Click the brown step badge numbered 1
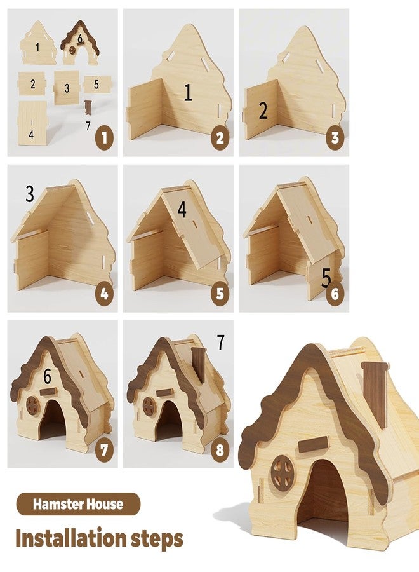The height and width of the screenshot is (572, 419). coord(105,139)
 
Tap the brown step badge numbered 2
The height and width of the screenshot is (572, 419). coord(220,139)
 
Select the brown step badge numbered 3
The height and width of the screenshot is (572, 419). coord(335,139)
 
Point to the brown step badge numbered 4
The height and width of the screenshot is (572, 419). coord(105,294)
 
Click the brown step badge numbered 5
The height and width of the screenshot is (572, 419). coord(220,294)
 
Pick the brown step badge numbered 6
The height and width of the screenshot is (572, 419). coord(335,294)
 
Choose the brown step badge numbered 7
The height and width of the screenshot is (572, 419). coord(105,450)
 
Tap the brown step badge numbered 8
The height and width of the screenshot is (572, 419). coord(220,450)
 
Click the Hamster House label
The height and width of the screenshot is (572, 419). coord(78,504)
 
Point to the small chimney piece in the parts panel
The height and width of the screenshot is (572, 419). coord(88,107)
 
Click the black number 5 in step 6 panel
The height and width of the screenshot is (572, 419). coord(326,277)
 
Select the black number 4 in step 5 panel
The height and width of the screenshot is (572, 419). coord(182,209)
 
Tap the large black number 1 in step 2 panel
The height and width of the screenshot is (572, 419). coord(188,92)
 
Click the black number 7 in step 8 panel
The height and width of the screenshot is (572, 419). coord(221,342)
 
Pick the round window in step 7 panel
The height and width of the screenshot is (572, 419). coord(32,405)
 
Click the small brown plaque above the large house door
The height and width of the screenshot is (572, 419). coord(313,444)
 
